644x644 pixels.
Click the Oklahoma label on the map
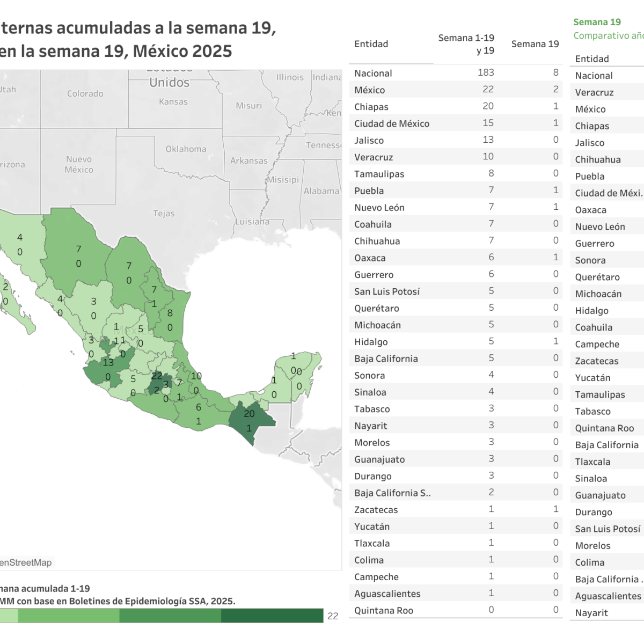click(x=186, y=149)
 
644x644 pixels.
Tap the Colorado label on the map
click(x=85, y=93)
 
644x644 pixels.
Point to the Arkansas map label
click(x=248, y=160)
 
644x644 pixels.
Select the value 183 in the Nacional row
click(x=486, y=72)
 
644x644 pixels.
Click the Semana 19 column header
click(x=535, y=44)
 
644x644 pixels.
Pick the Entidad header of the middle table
click(x=371, y=44)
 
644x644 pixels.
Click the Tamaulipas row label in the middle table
click(x=379, y=174)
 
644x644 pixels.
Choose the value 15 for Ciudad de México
click(x=488, y=123)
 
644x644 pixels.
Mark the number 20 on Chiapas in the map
click(x=249, y=414)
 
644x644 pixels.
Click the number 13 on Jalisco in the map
click(x=108, y=362)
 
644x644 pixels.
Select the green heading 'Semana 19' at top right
click(x=597, y=22)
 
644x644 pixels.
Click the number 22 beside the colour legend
click(x=333, y=616)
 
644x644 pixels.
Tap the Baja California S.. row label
click(x=392, y=493)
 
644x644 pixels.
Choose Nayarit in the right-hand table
click(x=591, y=613)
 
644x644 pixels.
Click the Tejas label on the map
click(x=164, y=214)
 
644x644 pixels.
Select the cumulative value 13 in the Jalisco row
click(x=488, y=140)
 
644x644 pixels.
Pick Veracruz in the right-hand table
click(x=594, y=92)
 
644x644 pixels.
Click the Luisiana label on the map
click(x=252, y=222)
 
